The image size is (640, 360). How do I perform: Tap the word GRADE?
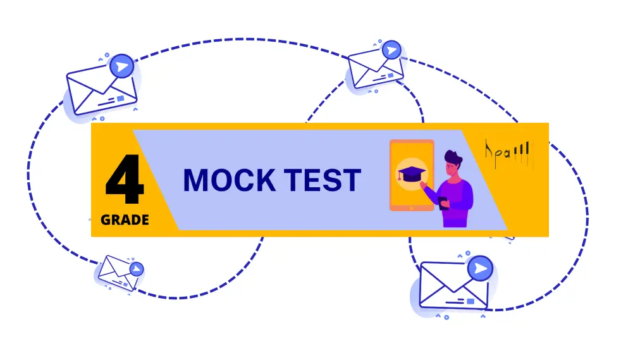125,220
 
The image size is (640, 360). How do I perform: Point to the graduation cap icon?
410,173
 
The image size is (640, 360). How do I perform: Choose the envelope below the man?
453,285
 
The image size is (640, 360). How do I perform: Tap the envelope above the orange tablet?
374,68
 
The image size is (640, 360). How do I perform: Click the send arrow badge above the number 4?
121,66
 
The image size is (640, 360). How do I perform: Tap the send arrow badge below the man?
481,268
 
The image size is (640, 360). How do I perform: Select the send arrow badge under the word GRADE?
136,269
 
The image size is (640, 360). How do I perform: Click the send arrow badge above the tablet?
392,50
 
